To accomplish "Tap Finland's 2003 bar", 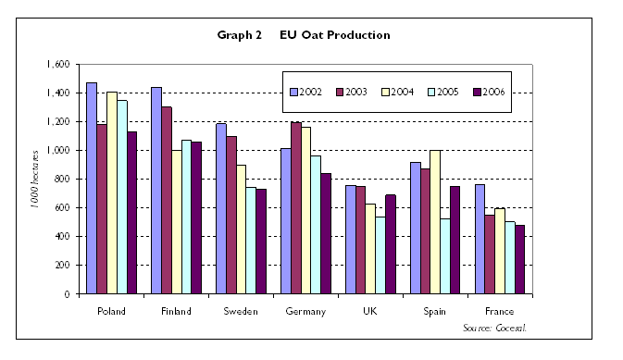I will click(x=167, y=200).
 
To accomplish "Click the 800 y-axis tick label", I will click(x=61, y=180).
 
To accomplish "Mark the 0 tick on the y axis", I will click(x=67, y=294).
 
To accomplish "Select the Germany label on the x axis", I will click(x=305, y=311).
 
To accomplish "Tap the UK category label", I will click(x=370, y=311).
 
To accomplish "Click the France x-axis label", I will click(x=500, y=311).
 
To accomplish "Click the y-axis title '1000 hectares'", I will click(x=34, y=180).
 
